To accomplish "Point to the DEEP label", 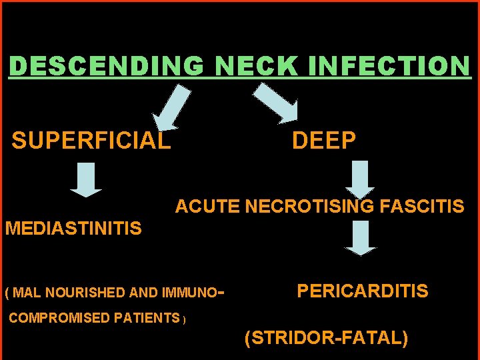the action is coord(324,141).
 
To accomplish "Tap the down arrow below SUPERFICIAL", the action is coord(86,180).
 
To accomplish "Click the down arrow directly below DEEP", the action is coord(361,179).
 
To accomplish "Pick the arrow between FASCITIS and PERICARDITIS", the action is coord(361,238).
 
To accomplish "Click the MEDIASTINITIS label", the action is coord(73,229).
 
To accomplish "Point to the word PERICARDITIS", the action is coord(362,291).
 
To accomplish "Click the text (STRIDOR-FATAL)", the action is coord(327,338).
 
